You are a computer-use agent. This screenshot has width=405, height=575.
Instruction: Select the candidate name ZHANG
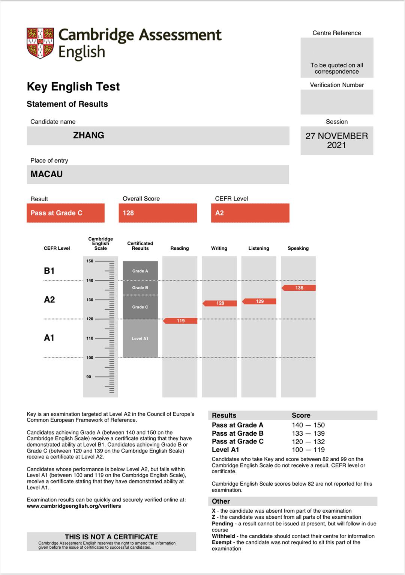pyautogui.click(x=88, y=136)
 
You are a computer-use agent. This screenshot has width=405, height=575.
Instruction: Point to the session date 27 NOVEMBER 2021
pyautogui.click(x=336, y=140)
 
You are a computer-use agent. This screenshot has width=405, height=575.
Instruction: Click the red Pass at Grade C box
pyautogui.click(x=66, y=213)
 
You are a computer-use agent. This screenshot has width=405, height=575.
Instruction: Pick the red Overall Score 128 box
pyautogui.click(x=157, y=213)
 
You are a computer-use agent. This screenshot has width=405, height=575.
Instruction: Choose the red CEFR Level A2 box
pyautogui.click(x=250, y=213)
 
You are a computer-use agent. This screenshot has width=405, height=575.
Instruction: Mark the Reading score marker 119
pyautogui.click(x=180, y=321)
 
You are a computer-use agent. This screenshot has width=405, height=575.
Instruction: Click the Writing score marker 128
pyautogui.click(x=220, y=303)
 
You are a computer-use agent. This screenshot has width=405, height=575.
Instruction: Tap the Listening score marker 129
pyautogui.click(x=259, y=301)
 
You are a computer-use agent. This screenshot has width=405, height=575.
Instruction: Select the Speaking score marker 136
pyautogui.click(x=299, y=288)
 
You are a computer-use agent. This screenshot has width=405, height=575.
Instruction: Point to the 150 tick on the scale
pyautogui.click(x=90, y=261)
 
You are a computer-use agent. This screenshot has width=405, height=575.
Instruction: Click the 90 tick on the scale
pyautogui.click(x=89, y=377)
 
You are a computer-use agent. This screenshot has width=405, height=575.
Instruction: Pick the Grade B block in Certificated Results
pyautogui.click(x=140, y=288)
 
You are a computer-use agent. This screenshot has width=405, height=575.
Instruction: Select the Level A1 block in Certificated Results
pyautogui.click(x=140, y=338)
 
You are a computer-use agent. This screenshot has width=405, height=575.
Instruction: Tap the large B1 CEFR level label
pyautogui.click(x=49, y=271)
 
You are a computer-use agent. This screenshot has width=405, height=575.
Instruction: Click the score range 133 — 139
pyautogui.click(x=308, y=433)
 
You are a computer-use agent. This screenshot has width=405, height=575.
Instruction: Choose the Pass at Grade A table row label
pyautogui.click(x=238, y=425)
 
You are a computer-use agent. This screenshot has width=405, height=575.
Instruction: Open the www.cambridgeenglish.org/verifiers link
pyautogui.click(x=74, y=506)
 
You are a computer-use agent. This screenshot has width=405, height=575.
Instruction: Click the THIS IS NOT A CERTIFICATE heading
pyautogui.click(x=111, y=537)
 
